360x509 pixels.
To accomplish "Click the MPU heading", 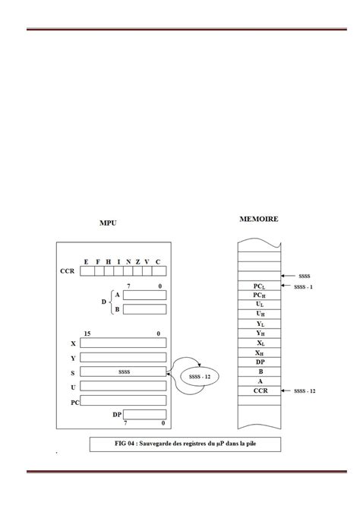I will [108, 224].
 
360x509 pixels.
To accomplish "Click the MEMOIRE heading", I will [258, 219].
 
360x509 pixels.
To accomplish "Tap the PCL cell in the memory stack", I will [259, 286].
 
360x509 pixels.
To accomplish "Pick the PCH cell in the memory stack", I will [259, 296].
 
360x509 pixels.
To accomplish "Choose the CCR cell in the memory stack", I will [259, 390].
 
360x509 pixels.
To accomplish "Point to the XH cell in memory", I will [259, 352].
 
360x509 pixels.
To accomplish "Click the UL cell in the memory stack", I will [259, 305].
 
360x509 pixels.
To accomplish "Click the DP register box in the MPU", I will [144, 415].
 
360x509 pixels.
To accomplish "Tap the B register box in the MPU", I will [144, 309].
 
